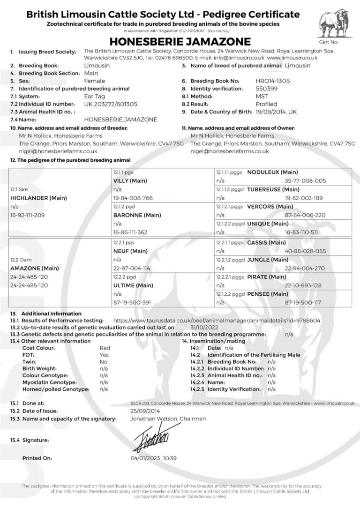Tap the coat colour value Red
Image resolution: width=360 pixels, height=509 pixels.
tap(105, 348)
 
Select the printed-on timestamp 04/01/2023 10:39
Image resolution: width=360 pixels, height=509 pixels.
tap(154, 458)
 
